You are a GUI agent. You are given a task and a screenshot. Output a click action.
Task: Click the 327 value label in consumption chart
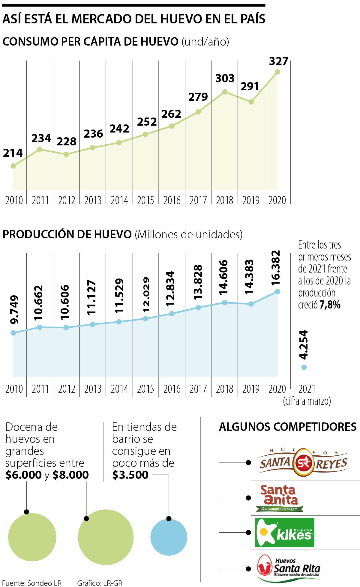pos(278,61)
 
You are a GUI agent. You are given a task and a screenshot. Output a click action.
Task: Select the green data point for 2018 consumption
pos(225,92)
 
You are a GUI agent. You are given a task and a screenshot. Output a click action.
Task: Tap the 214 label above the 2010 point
pos(13,153)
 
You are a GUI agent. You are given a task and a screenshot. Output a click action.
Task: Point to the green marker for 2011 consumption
pos(40,149)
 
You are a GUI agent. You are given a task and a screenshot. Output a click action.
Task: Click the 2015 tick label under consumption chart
pos(145,200)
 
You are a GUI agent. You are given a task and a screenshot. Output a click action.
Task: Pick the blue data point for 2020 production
pos(277,291)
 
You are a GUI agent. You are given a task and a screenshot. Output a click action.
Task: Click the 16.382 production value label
pos(275,268)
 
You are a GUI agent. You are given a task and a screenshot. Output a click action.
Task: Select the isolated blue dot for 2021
pos(304,367)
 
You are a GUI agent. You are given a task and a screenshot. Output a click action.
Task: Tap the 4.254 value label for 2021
pos(304,345)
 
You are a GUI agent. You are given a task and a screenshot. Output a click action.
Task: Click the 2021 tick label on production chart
pos(307,389)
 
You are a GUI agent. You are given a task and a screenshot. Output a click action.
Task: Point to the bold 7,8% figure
pos(330,305)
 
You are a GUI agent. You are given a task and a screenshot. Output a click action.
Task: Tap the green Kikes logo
pos(284,532)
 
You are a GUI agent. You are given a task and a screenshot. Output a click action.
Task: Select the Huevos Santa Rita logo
pos(289,568)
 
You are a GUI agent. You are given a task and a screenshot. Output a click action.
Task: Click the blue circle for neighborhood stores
pos(169,537)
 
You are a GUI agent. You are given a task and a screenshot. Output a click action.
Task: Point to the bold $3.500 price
pos(130,475)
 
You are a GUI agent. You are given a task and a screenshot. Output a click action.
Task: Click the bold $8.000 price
pos(71,475)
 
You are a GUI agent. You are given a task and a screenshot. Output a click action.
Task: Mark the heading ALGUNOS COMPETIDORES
pos(288,427)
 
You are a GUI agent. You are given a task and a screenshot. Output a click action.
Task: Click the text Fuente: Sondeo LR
pos(32,583)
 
